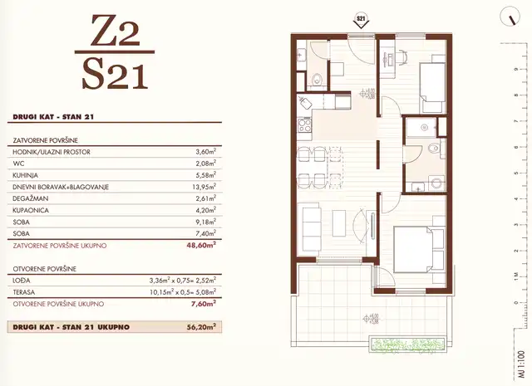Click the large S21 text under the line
pos(116,76)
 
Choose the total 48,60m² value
pos(200,246)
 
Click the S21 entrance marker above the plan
pos(360,17)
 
